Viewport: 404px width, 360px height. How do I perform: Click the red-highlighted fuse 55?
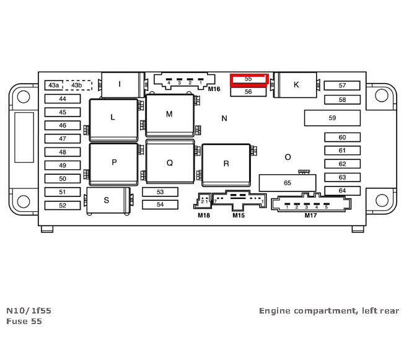[248, 79]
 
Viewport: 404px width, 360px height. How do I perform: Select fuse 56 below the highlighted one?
[248, 92]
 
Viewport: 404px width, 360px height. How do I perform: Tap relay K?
[296, 85]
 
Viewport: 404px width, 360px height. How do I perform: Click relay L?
[113, 118]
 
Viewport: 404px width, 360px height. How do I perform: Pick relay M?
[169, 115]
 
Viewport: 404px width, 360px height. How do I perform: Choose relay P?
[114, 163]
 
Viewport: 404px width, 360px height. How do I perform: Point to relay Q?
[169, 163]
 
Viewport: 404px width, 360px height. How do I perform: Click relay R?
[226, 164]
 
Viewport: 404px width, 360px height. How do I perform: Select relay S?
[107, 200]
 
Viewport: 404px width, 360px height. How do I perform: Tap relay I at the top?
[120, 84]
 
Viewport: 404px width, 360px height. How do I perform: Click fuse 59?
[332, 118]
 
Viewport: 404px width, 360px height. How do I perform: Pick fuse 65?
[287, 183]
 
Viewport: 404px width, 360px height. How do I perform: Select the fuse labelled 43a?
[54, 85]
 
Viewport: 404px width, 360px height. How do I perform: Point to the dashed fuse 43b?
[77, 85]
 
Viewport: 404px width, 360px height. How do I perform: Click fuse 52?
[62, 205]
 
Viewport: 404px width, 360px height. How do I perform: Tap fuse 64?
[342, 191]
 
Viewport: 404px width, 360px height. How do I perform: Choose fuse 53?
[160, 192]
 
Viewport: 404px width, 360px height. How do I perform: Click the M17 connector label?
[310, 216]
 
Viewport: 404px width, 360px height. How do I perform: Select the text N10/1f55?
[25, 310]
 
